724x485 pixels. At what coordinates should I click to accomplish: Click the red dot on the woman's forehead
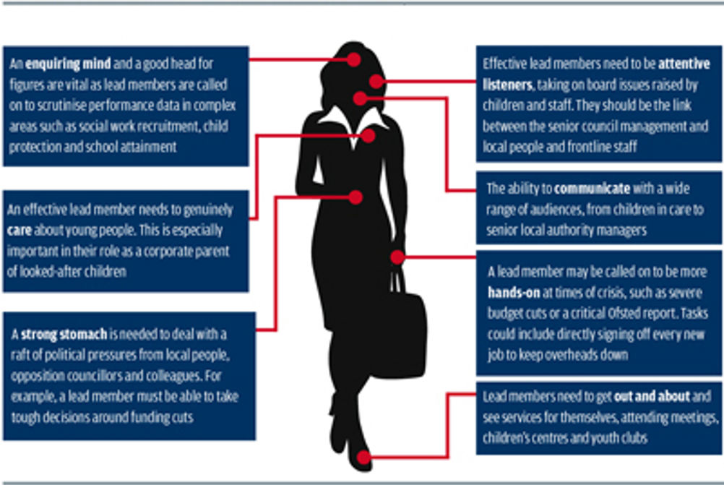point(354,59)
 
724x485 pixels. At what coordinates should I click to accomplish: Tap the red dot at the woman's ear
point(376,82)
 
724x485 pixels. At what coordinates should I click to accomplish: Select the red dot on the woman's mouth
point(360,98)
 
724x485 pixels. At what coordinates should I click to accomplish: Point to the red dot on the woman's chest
point(368,135)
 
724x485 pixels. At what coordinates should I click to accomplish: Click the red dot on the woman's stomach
point(355,197)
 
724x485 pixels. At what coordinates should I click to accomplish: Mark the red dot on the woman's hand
point(397,257)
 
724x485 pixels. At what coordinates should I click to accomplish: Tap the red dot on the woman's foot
point(363,458)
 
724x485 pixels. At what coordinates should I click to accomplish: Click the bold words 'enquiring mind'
point(68,64)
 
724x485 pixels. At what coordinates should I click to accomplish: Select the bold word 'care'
point(20,230)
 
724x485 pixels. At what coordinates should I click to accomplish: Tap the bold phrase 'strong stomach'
point(64,334)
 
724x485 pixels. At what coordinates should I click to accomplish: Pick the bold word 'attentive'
point(684,64)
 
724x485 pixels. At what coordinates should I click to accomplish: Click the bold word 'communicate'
point(592,189)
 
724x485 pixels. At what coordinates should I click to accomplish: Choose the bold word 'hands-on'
point(514,293)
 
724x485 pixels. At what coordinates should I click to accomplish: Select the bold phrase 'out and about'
point(652,396)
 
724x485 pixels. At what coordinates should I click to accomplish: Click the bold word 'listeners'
point(508,85)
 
